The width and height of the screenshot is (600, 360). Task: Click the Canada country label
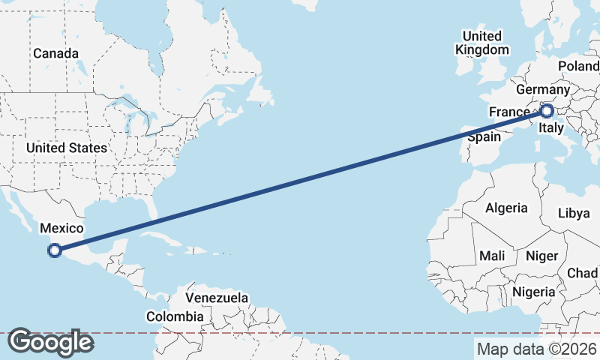(x=55, y=54)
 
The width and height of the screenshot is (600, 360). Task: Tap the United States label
(x=66, y=148)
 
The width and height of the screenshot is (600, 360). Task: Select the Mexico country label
(x=61, y=229)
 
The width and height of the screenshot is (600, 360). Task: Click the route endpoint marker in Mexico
(x=54, y=250)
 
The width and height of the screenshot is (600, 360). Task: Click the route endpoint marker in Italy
(x=547, y=112)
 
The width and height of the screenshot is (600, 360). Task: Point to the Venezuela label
(x=217, y=298)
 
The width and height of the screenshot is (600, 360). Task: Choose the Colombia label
(x=175, y=316)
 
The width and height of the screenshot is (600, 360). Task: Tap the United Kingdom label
(x=481, y=43)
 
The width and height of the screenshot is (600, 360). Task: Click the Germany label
(x=544, y=90)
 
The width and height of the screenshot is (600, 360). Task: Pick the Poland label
(x=578, y=67)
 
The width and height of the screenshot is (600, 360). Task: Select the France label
(x=509, y=112)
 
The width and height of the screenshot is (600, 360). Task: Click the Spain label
(x=484, y=138)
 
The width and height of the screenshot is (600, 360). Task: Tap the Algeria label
(x=506, y=208)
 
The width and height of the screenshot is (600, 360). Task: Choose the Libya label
(x=574, y=213)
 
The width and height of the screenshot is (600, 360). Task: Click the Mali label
(x=492, y=256)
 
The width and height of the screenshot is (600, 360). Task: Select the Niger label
(x=541, y=256)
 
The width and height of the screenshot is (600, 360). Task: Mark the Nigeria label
(x=534, y=291)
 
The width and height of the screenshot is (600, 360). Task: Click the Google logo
(x=50, y=342)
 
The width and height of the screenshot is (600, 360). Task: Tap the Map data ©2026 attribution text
(x=537, y=349)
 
